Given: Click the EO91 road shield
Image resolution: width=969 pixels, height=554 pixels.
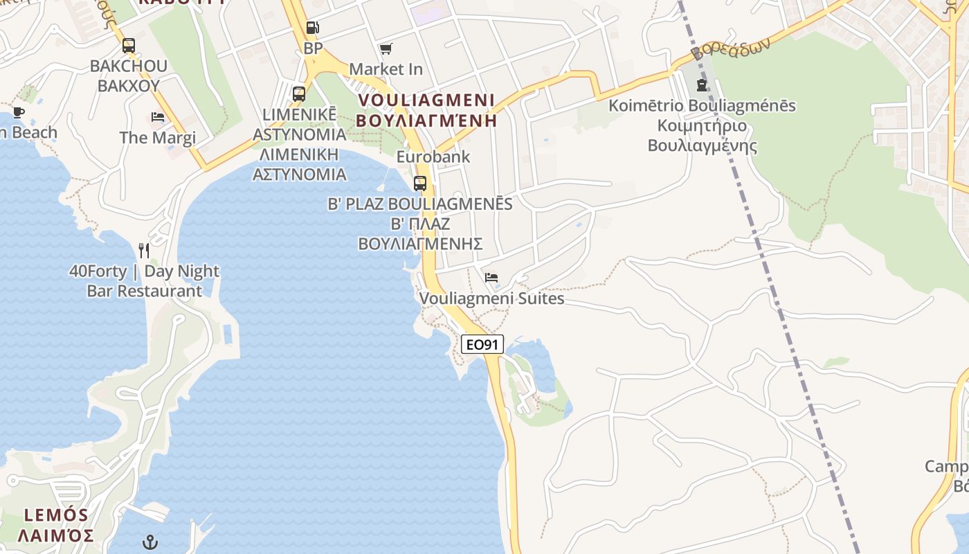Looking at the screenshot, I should (x=482, y=344).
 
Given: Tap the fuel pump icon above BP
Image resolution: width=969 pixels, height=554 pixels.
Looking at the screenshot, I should (x=313, y=28).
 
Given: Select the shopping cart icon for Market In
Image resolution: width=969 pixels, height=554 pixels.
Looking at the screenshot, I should (x=386, y=48).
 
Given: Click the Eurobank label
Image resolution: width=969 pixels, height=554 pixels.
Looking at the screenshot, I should (x=433, y=157).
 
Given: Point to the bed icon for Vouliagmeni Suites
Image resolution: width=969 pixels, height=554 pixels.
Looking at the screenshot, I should (x=491, y=278).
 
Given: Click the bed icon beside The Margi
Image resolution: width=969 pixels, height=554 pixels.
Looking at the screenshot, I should (x=158, y=117).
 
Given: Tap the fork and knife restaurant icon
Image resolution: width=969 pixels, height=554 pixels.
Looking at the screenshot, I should (x=144, y=250).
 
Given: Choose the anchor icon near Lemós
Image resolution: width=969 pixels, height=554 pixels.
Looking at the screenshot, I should (x=150, y=542).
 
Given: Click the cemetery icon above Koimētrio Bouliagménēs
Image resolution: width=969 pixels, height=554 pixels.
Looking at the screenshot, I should (x=702, y=85).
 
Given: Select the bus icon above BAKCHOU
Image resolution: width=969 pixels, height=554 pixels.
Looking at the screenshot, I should (x=129, y=46).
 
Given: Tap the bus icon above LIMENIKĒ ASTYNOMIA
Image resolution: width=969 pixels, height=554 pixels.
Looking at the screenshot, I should (x=299, y=93).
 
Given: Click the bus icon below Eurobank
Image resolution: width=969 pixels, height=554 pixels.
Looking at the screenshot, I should (x=420, y=184).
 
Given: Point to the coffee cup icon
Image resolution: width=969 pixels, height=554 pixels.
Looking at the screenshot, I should (x=19, y=112).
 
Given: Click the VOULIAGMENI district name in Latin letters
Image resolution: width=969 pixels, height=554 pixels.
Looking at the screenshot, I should (x=426, y=100).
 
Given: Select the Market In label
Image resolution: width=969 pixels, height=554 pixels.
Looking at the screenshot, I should (x=386, y=69).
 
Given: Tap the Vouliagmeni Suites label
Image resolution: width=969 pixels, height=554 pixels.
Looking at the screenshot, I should (x=492, y=298).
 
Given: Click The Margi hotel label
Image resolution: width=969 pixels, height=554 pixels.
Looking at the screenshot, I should (x=158, y=137).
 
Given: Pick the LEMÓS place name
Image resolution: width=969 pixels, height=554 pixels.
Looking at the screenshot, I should (x=56, y=515).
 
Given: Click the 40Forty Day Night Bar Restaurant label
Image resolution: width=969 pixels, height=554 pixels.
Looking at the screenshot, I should (x=144, y=280).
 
